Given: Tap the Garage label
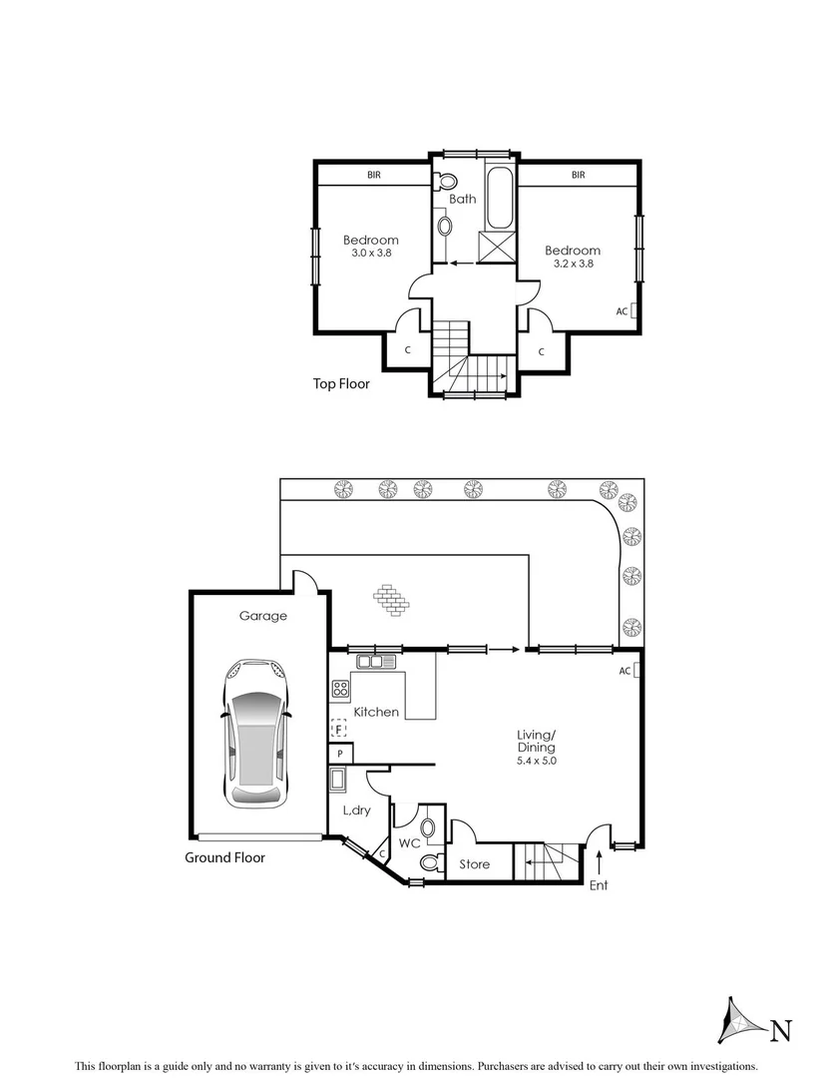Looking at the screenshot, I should pyautogui.click(x=262, y=616).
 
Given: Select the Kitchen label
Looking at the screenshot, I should pyautogui.click(x=376, y=712).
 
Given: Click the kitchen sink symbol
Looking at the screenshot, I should pyautogui.click(x=377, y=661).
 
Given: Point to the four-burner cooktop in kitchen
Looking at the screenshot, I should pyautogui.click(x=340, y=688).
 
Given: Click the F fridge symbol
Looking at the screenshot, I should pyautogui.click(x=338, y=730).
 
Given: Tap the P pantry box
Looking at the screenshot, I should pyautogui.click(x=340, y=754).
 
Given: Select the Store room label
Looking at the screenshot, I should pyautogui.click(x=475, y=863).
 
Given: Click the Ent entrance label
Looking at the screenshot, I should pyautogui.click(x=599, y=885).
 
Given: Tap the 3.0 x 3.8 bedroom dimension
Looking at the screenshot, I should pyautogui.click(x=371, y=254).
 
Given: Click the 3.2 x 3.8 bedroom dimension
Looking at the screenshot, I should pyautogui.click(x=574, y=265).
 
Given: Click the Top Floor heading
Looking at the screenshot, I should pyautogui.click(x=341, y=382).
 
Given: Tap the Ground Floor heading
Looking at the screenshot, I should pyautogui.click(x=224, y=857).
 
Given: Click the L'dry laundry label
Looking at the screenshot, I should pyautogui.click(x=357, y=810).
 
